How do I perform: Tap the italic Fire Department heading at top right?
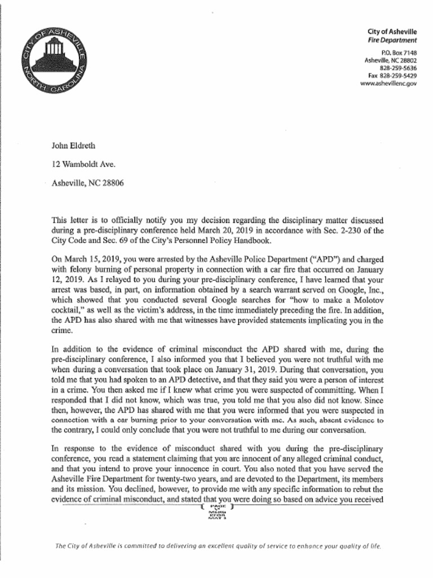click(x=392, y=41)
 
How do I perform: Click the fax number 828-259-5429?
click(x=398, y=76)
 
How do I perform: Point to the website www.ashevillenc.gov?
click(x=388, y=84)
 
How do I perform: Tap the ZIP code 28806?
click(x=112, y=183)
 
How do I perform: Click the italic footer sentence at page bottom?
click(x=218, y=546)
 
